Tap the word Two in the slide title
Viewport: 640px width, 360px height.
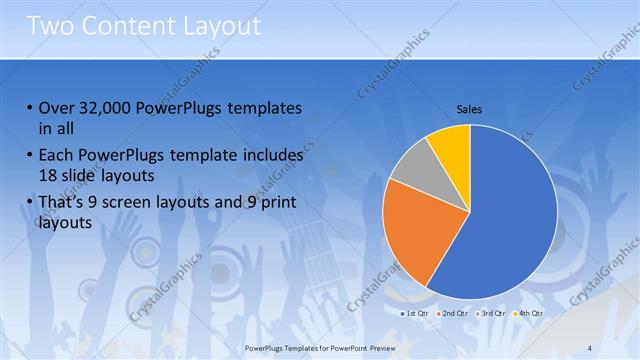[x=50, y=25]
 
